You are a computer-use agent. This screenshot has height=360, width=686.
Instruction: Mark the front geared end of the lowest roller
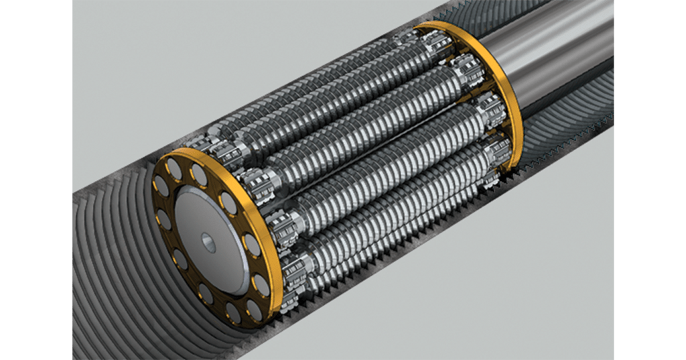[295, 275]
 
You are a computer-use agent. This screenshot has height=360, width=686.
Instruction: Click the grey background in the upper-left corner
[134, 40]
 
